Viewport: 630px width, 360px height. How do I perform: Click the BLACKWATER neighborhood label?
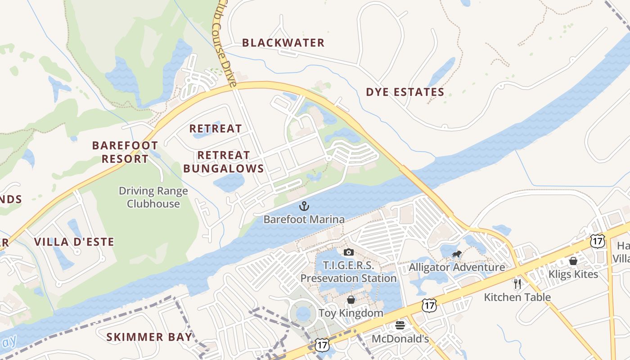click(x=283, y=43)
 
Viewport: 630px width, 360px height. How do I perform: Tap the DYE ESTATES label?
click(x=405, y=92)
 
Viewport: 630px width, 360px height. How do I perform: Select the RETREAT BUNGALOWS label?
click(x=224, y=162)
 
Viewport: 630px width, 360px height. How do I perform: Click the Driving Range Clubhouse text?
click(x=153, y=197)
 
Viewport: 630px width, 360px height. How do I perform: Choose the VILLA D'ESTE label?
click(x=74, y=242)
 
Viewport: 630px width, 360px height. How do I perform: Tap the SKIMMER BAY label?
click(x=149, y=337)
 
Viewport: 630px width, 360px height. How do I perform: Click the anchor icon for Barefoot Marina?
click(x=304, y=207)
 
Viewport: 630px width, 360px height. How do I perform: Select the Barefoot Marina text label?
click(x=304, y=220)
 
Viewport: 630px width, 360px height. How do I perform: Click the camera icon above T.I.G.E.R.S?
click(x=348, y=252)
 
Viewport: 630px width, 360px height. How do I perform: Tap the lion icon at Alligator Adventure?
click(x=457, y=255)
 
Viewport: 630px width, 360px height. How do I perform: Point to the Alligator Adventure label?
click(x=457, y=267)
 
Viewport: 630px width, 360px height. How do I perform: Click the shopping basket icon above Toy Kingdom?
click(x=351, y=300)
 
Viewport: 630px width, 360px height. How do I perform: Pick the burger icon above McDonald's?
click(x=400, y=325)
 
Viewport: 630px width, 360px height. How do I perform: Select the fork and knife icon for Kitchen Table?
click(x=517, y=284)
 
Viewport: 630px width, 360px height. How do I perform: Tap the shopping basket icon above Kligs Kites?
click(x=573, y=261)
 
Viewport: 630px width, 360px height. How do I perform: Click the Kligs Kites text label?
click(x=573, y=274)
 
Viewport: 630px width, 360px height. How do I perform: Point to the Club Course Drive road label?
click(x=226, y=45)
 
